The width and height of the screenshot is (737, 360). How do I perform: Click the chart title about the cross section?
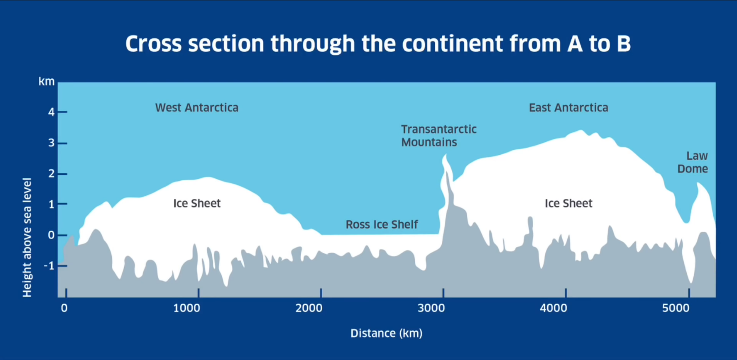pos(378,44)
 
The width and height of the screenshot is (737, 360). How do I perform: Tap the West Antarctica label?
pos(197,108)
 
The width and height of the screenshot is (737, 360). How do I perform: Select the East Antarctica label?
pos(569,108)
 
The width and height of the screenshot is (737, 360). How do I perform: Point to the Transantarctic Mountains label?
pos(439,136)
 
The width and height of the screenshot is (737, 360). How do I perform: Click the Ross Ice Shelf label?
pos(382,224)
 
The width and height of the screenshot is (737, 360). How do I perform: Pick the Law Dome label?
pos(693,162)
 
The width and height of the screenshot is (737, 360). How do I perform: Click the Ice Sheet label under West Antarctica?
pos(197,203)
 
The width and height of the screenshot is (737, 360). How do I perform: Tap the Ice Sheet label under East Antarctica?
pos(569,203)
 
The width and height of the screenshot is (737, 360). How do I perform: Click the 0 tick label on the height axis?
pos(51,235)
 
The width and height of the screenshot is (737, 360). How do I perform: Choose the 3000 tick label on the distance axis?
pos(431,308)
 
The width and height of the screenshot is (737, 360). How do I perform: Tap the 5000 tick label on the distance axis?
pos(676,308)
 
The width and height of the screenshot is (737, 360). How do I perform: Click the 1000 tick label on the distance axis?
pos(187,308)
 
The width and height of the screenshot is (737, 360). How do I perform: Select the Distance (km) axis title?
pos(386,334)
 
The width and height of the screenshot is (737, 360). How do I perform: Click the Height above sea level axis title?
pos(27,237)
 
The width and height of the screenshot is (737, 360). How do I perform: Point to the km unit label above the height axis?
pos(47,81)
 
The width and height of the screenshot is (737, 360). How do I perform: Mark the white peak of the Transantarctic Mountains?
pos(445,155)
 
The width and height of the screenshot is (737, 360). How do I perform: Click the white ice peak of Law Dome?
pos(698,183)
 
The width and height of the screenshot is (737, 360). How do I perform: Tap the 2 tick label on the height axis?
pos(51,174)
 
